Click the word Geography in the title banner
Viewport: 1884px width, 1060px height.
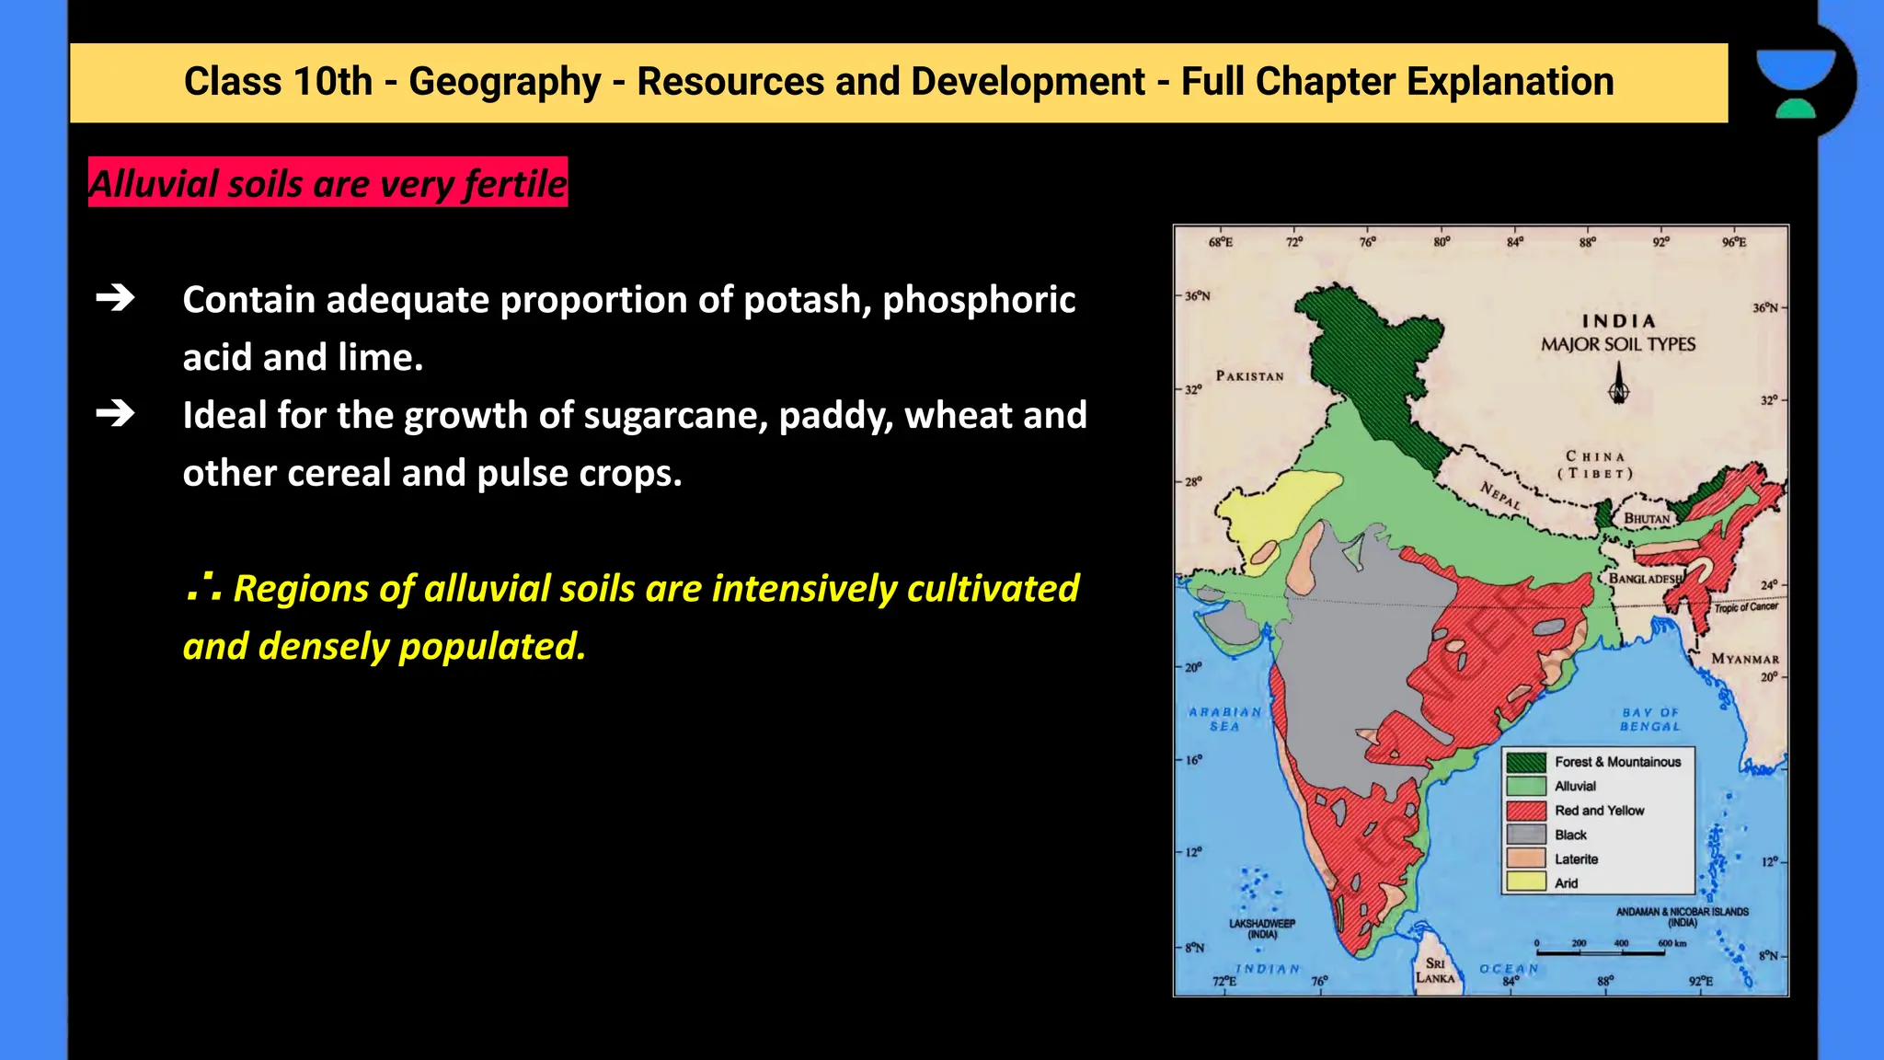pos(504,82)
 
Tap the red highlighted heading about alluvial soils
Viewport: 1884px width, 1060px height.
pos(327,183)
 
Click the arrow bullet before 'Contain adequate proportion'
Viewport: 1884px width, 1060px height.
pos(115,298)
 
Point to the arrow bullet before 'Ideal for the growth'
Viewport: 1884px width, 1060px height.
pos(115,414)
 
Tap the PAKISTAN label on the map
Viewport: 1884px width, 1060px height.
pos(1249,376)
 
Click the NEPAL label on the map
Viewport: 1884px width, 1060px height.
pos(1501,496)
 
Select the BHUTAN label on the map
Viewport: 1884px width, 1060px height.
pos(1647,519)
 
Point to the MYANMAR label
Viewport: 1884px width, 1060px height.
pos(1745,659)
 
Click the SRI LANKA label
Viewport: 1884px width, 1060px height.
pos(1435,971)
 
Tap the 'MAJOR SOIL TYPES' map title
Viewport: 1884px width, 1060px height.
pos(1618,344)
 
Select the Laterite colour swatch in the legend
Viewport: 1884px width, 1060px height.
pos(1525,858)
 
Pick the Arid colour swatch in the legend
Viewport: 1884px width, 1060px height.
pos(1525,882)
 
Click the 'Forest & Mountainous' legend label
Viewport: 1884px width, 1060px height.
pos(1617,762)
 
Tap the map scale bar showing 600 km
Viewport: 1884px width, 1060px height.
pos(1601,951)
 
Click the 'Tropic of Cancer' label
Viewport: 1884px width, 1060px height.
pos(1746,607)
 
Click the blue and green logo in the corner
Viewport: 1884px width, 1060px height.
pos(1795,83)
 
